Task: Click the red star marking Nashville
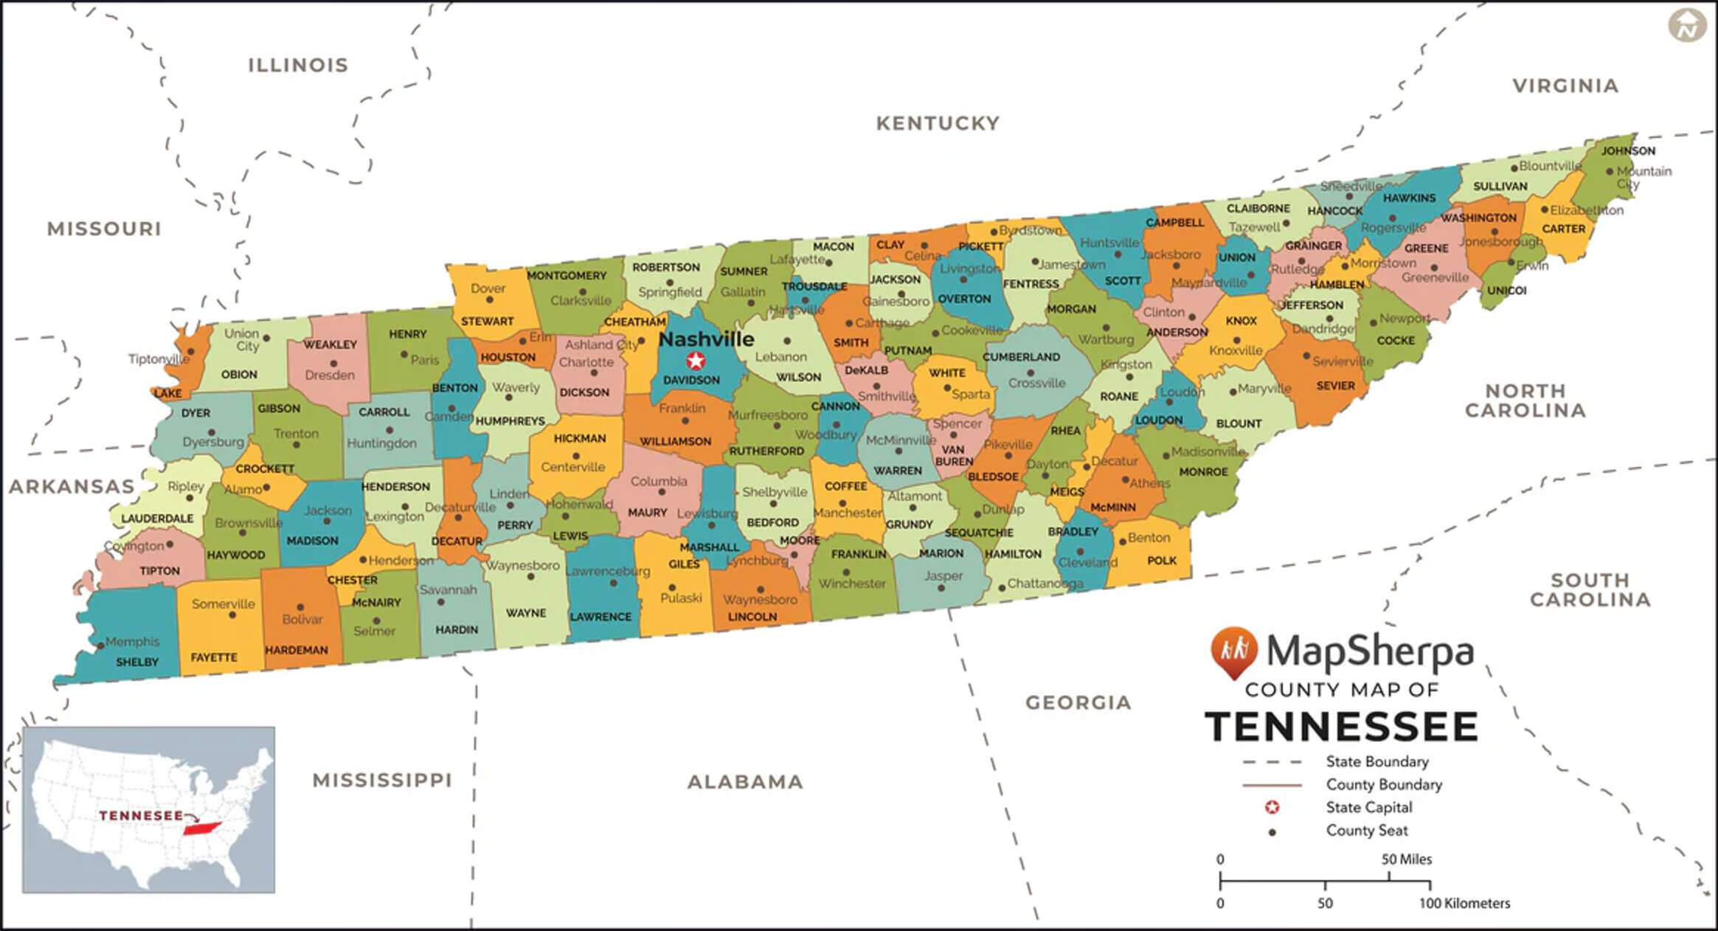point(695,361)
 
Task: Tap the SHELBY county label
point(136,662)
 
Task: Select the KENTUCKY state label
point(938,123)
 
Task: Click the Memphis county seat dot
point(100,646)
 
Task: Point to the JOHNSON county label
point(1627,150)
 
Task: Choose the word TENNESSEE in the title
point(1341,727)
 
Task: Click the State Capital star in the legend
point(1272,808)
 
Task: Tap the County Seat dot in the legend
point(1272,832)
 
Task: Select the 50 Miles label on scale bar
point(1406,859)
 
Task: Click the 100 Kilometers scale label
point(1464,903)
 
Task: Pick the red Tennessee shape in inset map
point(203,828)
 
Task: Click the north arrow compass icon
point(1687,26)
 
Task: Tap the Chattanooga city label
point(1045,584)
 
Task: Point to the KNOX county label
point(1241,321)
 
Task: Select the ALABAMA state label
point(745,782)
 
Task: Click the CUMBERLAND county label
point(1021,357)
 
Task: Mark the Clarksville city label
point(581,300)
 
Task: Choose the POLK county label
point(1161,561)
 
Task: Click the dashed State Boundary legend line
point(1272,762)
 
